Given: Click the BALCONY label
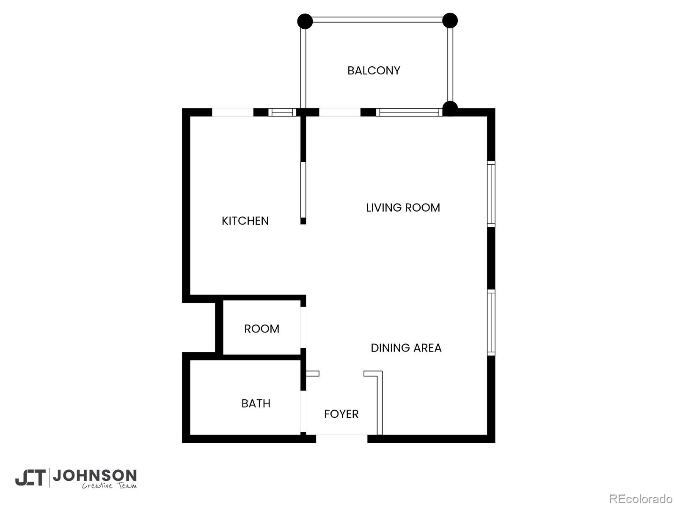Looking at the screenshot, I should (x=374, y=71).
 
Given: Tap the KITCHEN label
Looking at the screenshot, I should (x=245, y=221).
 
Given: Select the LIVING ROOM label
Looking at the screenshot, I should (x=403, y=207).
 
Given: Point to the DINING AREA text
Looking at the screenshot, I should (x=406, y=348).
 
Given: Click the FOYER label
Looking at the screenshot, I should (x=341, y=414).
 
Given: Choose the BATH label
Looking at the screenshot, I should (x=256, y=403).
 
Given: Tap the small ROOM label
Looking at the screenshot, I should (x=261, y=329).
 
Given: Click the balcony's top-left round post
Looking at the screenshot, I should (x=305, y=21).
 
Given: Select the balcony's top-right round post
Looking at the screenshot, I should (x=450, y=20).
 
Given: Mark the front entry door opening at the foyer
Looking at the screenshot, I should (x=341, y=439).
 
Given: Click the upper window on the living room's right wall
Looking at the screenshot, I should (x=491, y=194).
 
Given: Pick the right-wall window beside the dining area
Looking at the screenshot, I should (x=491, y=322).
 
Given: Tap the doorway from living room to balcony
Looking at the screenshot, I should (x=339, y=112).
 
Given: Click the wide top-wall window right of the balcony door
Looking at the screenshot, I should (x=409, y=112).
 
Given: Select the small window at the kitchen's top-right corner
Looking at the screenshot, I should (x=282, y=112).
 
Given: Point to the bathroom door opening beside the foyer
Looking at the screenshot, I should (x=303, y=411).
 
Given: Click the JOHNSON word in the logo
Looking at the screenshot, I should (x=95, y=476).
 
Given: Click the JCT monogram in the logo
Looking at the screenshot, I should (x=30, y=478).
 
